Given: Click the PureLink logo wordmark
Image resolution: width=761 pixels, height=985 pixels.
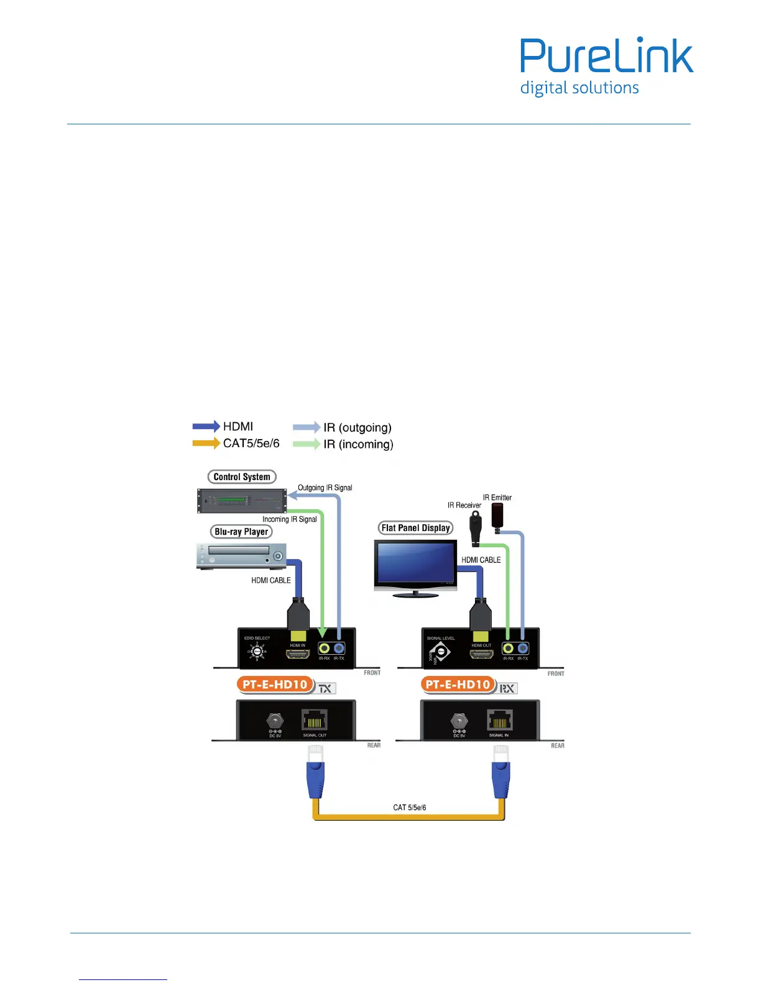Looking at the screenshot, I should click(606, 56).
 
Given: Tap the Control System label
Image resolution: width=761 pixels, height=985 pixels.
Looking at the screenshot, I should click(242, 477).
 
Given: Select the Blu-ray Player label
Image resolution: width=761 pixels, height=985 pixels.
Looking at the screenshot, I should click(241, 532).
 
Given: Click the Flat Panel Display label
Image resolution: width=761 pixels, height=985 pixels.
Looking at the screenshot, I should click(415, 528).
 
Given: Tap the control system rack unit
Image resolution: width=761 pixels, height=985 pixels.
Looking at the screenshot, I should click(242, 501).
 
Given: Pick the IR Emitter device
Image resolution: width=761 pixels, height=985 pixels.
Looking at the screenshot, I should click(498, 516).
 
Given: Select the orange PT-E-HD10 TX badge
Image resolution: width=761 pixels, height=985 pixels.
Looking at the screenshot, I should click(275, 685).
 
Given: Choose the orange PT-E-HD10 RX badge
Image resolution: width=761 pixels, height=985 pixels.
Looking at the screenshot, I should click(459, 685).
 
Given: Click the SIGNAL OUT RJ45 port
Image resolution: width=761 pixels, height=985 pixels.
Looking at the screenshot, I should click(315, 721).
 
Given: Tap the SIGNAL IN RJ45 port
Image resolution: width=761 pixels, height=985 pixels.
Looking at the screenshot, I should click(499, 721).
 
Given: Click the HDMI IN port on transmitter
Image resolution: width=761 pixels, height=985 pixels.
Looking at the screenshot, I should click(298, 654).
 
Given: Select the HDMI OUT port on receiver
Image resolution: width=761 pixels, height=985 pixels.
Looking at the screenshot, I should click(481, 654).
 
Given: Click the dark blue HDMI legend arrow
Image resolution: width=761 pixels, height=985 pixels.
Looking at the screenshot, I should click(206, 427).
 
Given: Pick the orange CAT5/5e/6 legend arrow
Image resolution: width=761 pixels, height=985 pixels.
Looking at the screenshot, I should click(206, 443).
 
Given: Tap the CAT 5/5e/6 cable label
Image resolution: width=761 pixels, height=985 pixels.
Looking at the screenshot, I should click(410, 808).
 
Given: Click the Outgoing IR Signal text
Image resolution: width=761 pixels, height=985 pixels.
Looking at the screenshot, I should click(325, 488).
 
